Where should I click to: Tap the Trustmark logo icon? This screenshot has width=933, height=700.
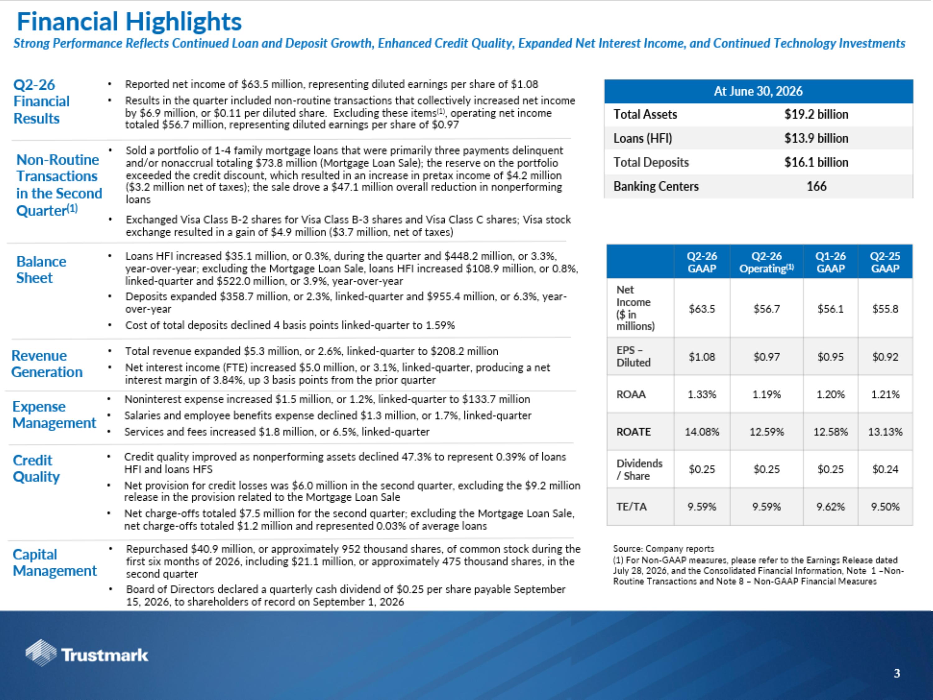click(x=41, y=653)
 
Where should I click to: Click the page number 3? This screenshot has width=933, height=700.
click(x=897, y=674)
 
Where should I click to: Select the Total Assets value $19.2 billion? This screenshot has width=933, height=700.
click(x=816, y=114)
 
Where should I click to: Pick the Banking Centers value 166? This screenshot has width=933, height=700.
click(x=816, y=186)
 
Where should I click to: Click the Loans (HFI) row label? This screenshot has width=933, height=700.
click(x=643, y=138)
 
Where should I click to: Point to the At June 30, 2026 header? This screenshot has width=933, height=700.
click(x=758, y=91)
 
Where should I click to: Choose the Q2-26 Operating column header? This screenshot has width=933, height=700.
click(x=766, y=262)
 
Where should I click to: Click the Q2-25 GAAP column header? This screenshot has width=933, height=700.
click(x=885, y=262)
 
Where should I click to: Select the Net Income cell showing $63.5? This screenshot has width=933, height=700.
click(x=702, y=309)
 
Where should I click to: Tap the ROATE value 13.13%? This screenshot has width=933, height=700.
click(x=885, y=432)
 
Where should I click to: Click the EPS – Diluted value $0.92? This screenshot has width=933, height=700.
click(x=885, y=357)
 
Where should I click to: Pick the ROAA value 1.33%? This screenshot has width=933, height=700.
click(x=702, y=394)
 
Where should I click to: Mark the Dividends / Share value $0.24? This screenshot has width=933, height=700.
click(x=885, y=469)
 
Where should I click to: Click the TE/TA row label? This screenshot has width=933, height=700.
click(x=631, y=507)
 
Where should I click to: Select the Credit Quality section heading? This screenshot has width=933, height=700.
click(x=36, y=468)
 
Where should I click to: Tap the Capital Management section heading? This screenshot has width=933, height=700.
click(x=55, y=562)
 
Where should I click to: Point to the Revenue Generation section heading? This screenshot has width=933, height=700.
click(x=47, y=364)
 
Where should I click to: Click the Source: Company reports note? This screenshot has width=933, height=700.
click(x=663, y=548)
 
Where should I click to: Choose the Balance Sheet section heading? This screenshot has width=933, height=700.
click(x=41, y=270)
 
